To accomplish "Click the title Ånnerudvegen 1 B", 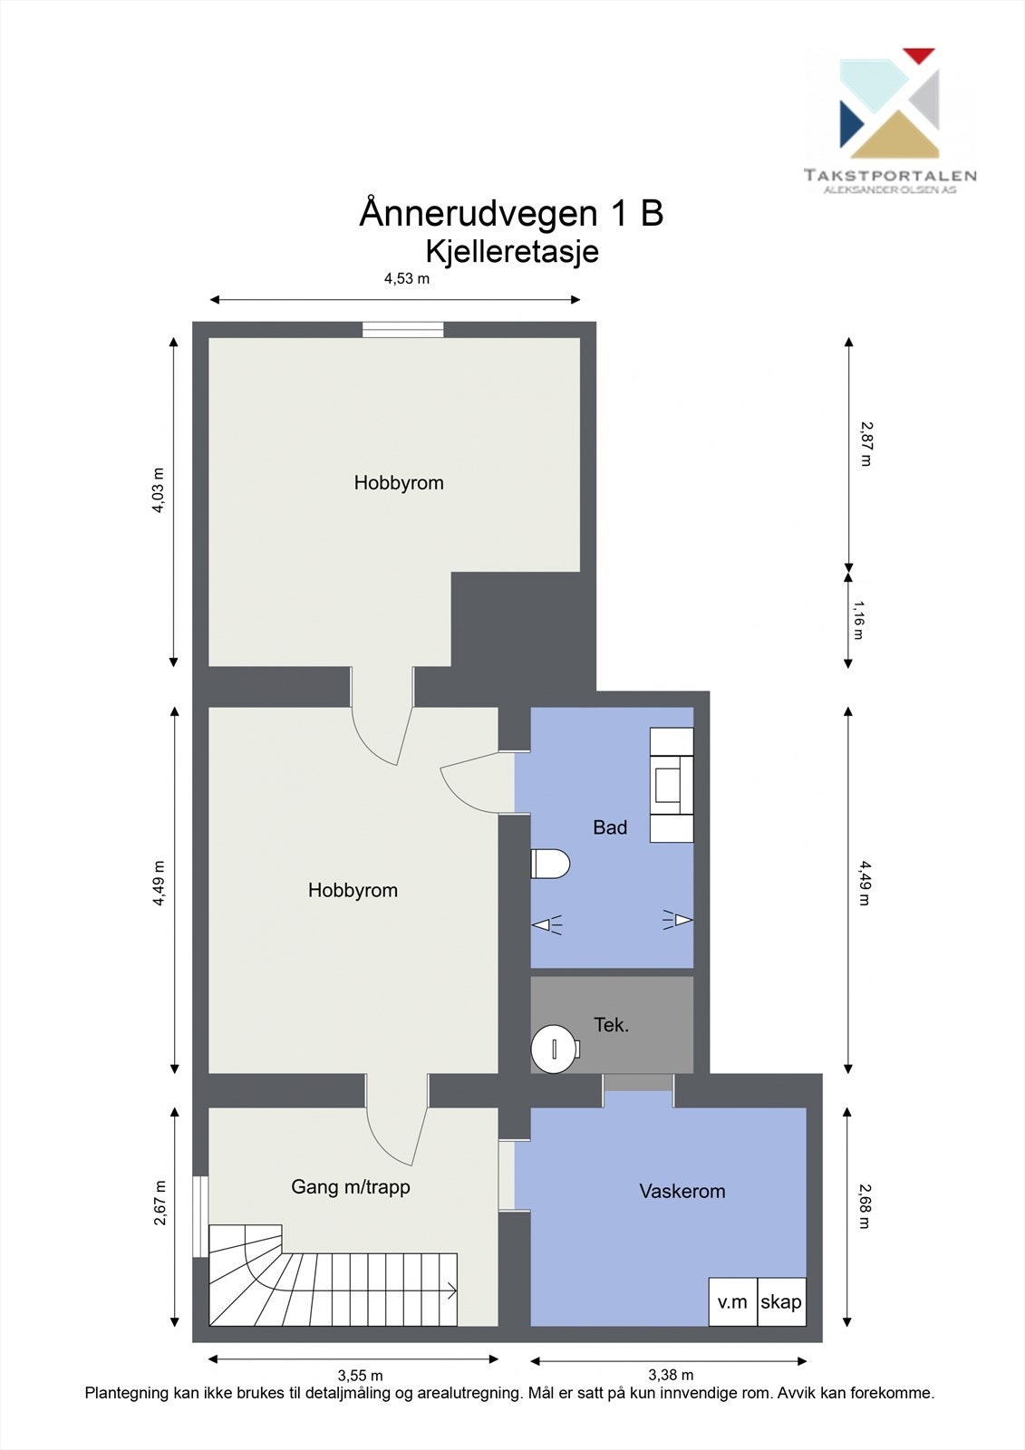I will tap(511, 214).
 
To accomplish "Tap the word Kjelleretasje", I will tap(512, 251).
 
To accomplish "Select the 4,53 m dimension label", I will tap(406, 279).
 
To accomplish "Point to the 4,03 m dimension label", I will tap(159, 490).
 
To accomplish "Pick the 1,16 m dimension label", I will tap(858, 620).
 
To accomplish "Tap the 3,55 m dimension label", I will tap(360, 1376).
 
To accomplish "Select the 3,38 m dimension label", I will tap(671, 1376).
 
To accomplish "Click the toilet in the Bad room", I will tap(549, 864).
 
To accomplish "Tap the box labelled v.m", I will tap(732, 1302).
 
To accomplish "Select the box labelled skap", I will tap(781, 1302).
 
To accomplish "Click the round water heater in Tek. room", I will tap(554, 1049).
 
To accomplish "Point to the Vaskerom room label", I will tap(682, 1191).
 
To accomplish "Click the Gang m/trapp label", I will tap(350, 1186).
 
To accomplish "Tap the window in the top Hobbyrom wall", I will tap(403, 330).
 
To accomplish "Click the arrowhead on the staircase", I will tap(450, 1290).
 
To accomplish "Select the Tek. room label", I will tap(611, 1025).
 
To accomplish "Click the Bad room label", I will tap(609, 826).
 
